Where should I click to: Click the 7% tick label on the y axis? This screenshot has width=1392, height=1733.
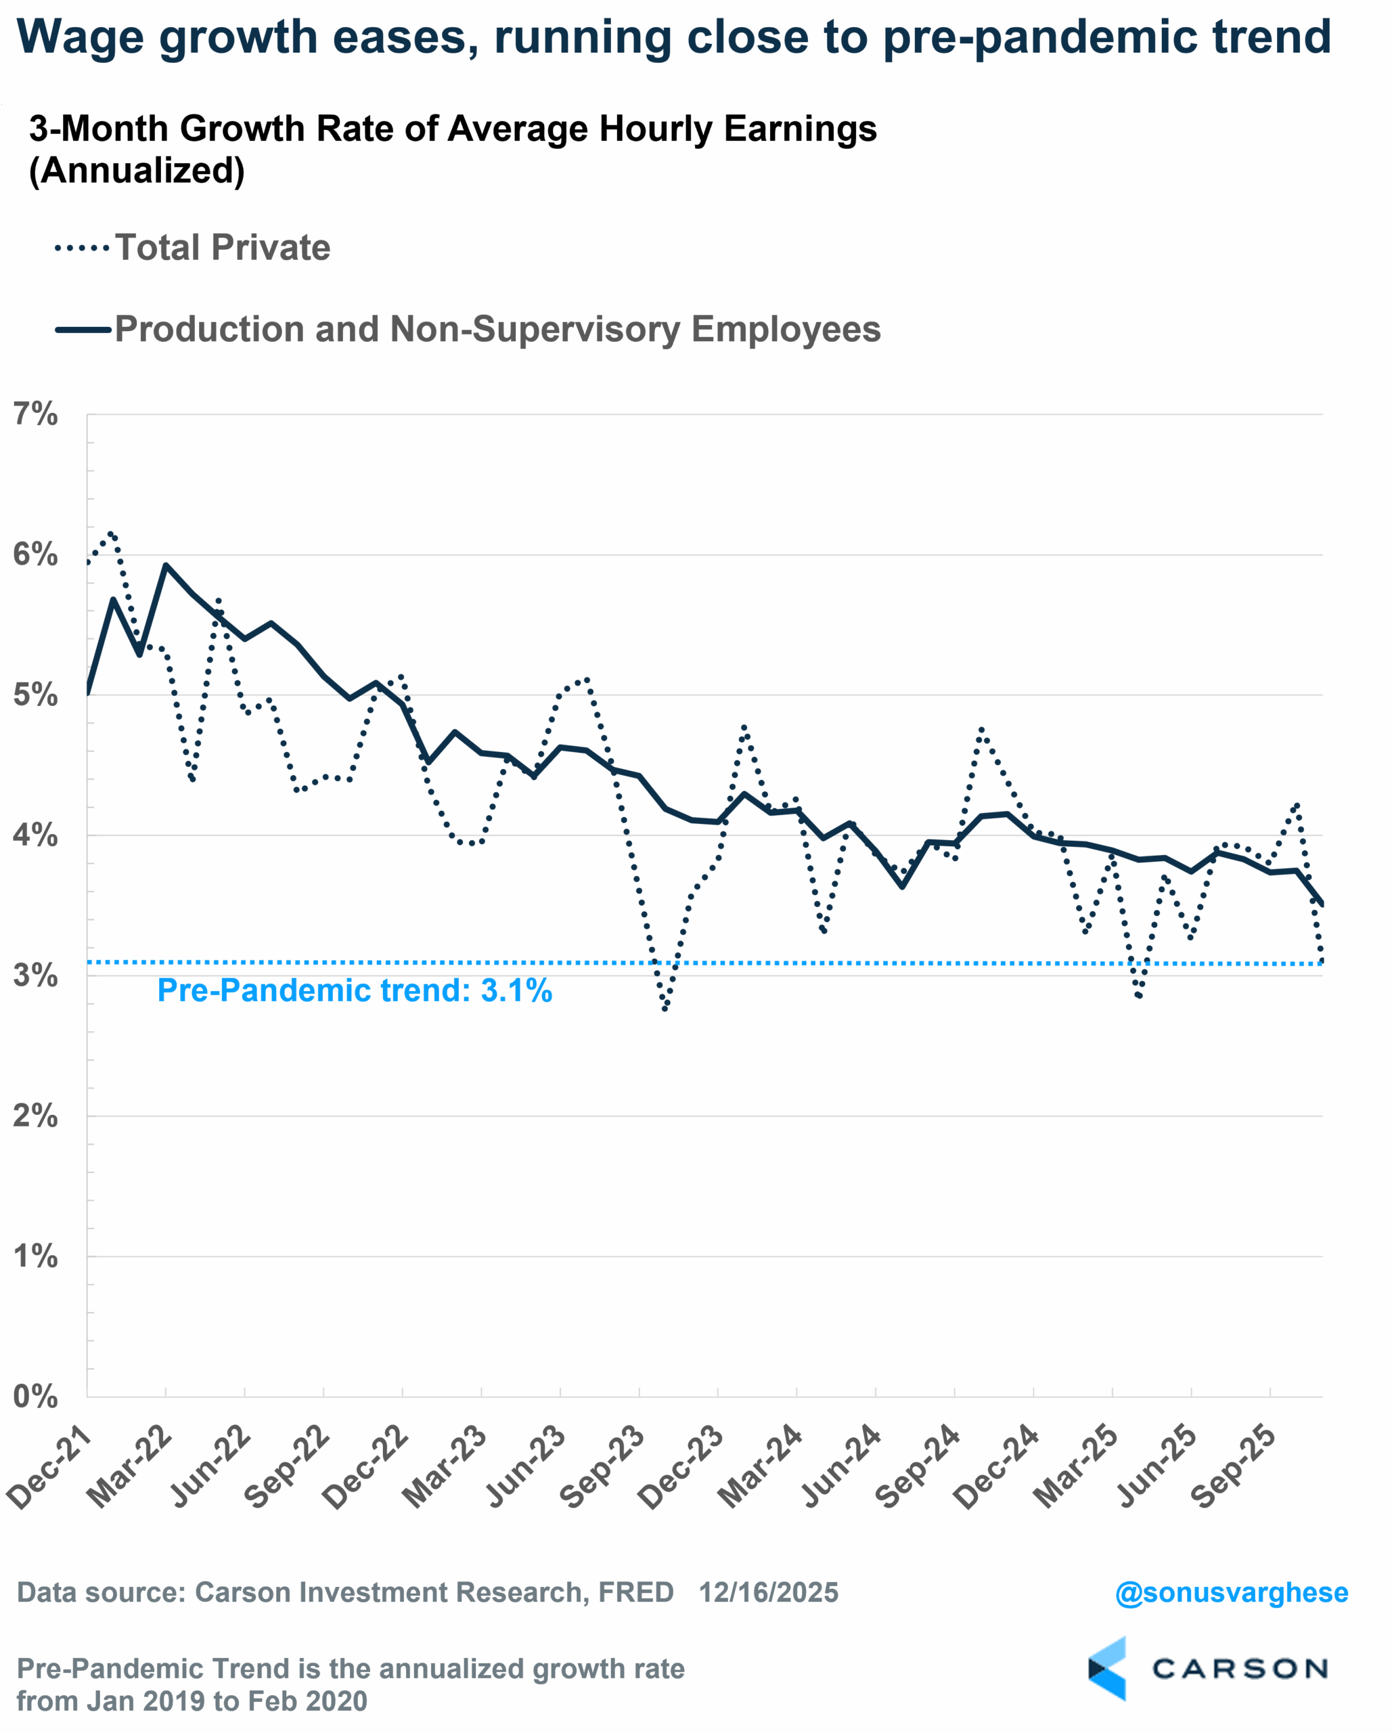(35, 415)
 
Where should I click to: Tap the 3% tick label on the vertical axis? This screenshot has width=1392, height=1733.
(35, 975)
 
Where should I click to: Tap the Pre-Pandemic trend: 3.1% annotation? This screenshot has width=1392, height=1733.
(355, 990)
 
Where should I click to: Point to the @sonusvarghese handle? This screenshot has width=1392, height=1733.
(1231, 1592)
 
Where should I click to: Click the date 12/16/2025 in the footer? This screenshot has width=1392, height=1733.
(768, 1592)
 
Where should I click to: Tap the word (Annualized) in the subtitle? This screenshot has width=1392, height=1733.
(137, 171)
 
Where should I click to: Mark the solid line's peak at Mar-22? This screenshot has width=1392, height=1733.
(166, 565)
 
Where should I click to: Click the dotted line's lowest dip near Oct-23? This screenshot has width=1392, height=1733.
(665, 1009)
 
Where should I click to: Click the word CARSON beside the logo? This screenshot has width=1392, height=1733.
(1239, 1669)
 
